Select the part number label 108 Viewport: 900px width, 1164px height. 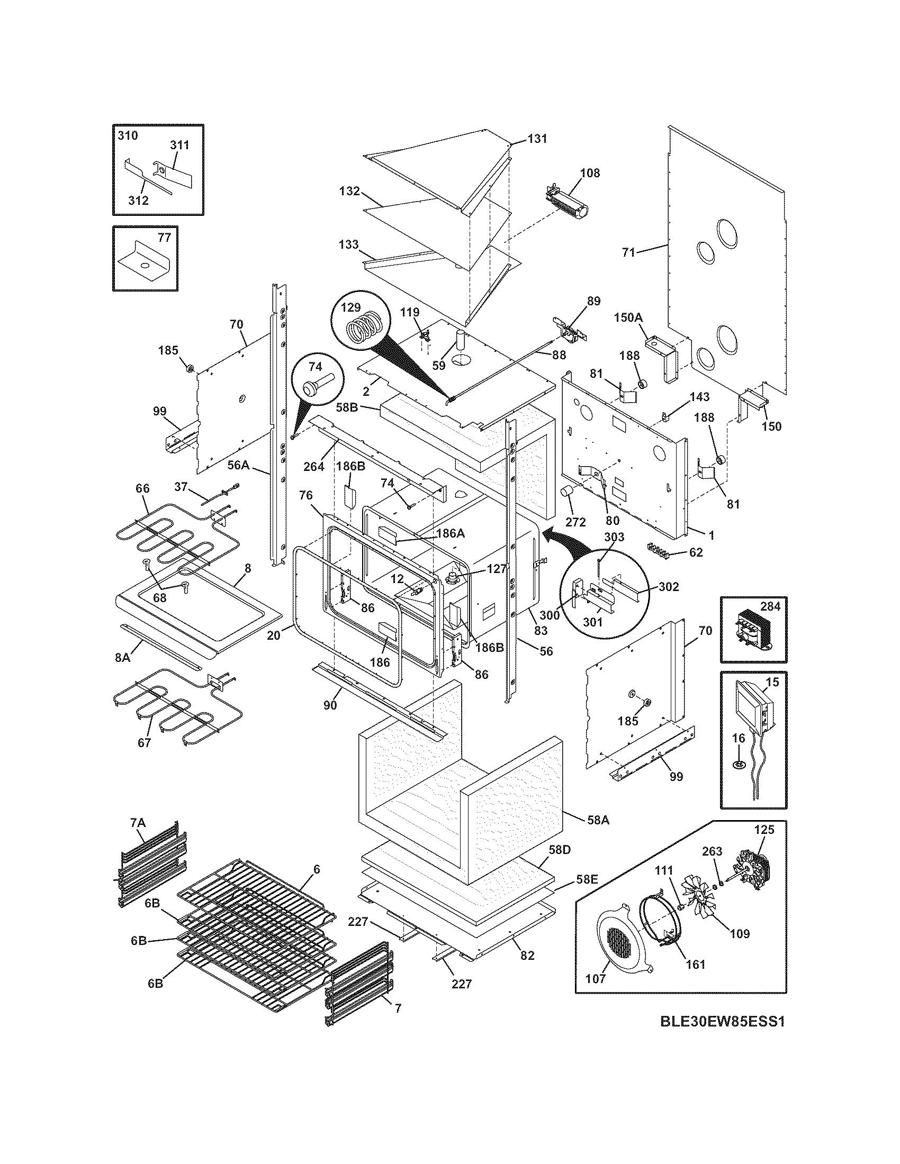(590, 172)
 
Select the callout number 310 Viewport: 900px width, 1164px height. (128, 135)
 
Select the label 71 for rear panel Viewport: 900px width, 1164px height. (629, 252)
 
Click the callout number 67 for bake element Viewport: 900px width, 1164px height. (145, 742)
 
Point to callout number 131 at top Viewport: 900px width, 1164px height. (537, 139)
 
